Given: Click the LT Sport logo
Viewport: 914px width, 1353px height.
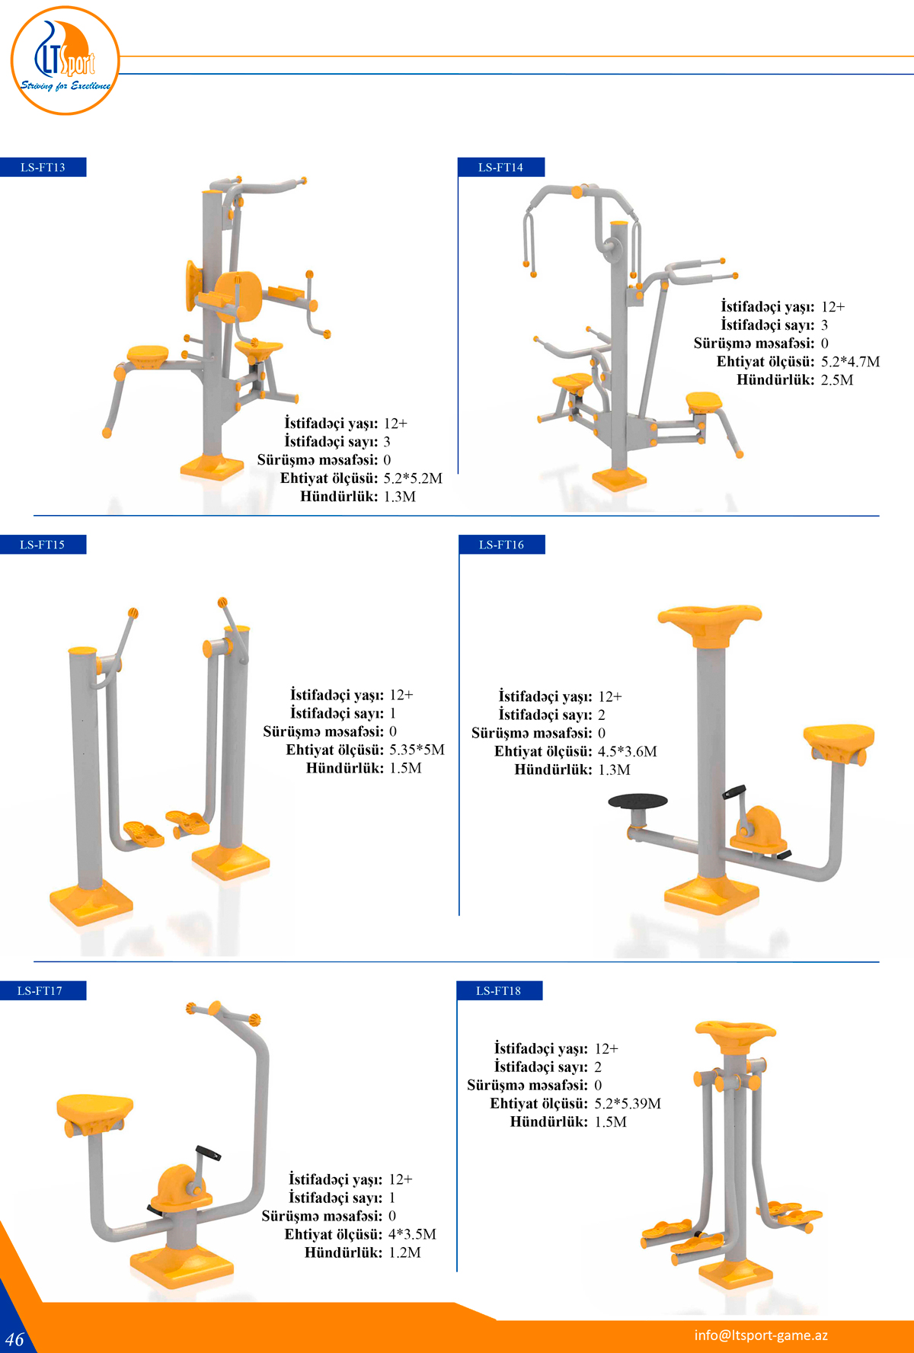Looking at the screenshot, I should [66, 61].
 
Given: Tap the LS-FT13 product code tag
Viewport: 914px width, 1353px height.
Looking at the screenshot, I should [43, 167].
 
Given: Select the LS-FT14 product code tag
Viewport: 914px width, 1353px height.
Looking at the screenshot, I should [500, 167].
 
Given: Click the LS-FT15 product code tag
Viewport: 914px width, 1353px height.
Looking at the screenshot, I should [43, 545].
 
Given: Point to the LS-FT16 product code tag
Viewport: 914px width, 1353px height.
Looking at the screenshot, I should [501, 545].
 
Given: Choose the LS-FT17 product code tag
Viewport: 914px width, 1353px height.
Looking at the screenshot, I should [40, 990].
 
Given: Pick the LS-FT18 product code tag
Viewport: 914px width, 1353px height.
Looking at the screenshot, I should [499, 990].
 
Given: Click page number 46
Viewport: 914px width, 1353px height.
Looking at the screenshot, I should [14, 1339].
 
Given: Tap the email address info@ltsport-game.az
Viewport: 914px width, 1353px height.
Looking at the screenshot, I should [760, 1335].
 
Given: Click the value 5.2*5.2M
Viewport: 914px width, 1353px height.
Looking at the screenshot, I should [412, 478].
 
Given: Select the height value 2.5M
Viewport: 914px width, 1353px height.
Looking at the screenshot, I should [836, 379].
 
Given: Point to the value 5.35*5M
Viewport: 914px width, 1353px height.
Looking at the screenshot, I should [417, 750].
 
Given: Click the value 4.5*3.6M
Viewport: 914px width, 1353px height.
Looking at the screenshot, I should [627, 751].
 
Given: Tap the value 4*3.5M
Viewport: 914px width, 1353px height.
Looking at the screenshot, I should [412, 1234].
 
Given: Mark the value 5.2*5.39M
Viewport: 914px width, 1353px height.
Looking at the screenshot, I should [628, 1103].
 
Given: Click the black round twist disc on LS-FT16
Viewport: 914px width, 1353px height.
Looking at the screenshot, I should [638, 801].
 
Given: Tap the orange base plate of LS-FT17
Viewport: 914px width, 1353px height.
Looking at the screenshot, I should [182, 1265].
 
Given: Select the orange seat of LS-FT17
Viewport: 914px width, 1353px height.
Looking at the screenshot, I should [94, 1108].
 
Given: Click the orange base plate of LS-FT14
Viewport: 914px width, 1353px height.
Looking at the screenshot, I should [619, 479].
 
